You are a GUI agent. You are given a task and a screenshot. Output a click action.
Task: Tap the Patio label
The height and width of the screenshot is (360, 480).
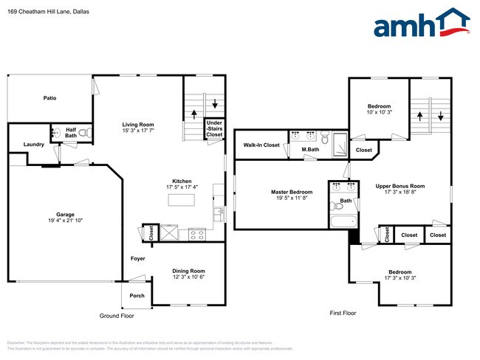(x=49, y=97)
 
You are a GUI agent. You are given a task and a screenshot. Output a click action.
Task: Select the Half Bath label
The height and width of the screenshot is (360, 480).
(x=71, y=133)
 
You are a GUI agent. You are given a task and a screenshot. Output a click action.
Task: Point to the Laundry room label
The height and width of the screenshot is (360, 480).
(x=33, y=145)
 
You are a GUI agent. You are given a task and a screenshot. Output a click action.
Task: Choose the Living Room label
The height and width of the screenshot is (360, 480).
(x=138, y=124)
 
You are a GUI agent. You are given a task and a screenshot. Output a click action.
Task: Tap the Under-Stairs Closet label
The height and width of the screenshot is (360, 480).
(x=214, y=129)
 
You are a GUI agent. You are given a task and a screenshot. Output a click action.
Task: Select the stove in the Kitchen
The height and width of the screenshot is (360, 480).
(x=197, y=235)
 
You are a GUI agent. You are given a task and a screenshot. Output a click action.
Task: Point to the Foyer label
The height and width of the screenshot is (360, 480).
(x=138, y=259)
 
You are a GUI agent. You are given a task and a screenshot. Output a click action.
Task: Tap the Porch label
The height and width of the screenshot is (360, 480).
(x=137, y=295)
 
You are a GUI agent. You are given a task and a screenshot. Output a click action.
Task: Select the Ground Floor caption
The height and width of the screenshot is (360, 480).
(x=117, y=315)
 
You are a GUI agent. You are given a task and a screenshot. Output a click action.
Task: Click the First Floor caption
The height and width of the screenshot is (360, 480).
(x=343, y=313)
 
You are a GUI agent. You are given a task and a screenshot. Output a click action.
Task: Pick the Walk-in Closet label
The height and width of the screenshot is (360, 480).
(x=261, y=145)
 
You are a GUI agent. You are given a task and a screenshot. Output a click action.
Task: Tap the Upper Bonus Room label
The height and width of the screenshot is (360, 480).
(x=400, y=186)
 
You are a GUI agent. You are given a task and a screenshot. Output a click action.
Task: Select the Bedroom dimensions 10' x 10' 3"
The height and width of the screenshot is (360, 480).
(x=379, y=112)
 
